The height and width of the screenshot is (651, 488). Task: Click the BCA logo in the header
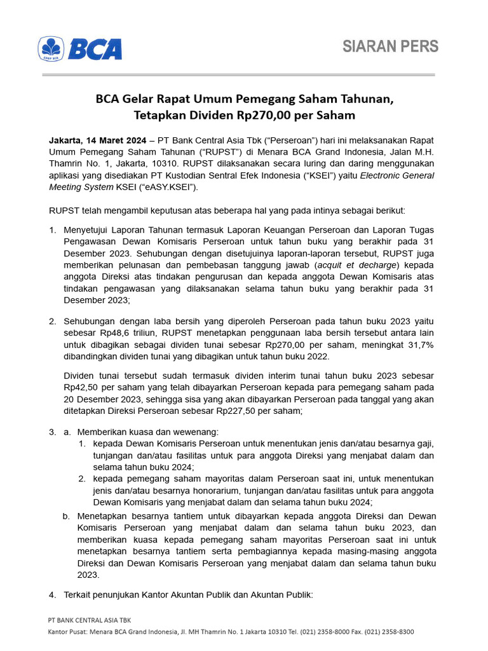(x=80, y=49)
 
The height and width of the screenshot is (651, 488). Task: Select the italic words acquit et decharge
(x=359, y=265)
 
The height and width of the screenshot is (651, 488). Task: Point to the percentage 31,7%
(x=418, y=345)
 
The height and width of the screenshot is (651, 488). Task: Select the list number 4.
(x=52, y=595)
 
